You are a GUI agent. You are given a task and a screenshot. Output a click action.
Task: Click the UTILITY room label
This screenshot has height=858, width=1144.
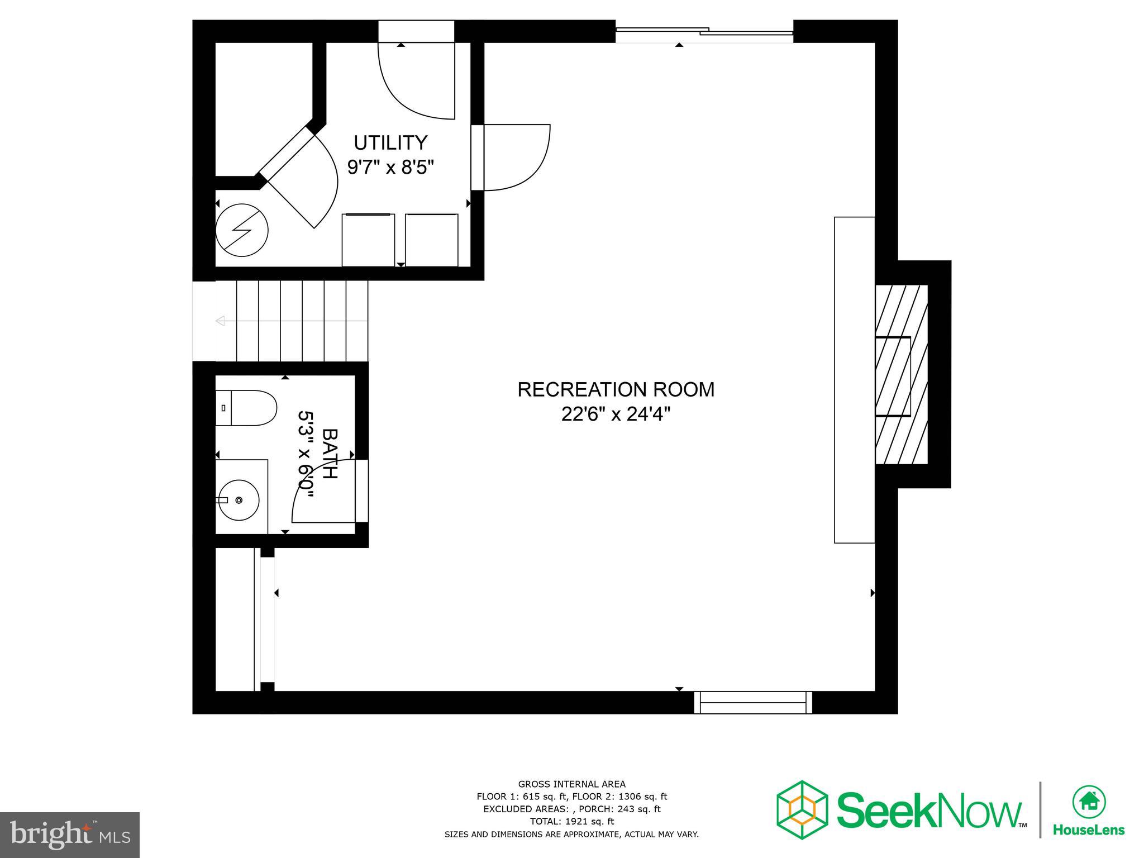tap(390, 143)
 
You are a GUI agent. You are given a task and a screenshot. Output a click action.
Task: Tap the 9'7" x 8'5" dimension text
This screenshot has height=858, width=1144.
tap(390, 167)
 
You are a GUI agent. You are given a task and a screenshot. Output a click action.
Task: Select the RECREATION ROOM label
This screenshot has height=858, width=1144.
tap(616, 389)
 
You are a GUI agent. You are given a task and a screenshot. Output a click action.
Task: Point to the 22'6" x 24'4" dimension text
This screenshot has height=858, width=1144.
tap(616, 414)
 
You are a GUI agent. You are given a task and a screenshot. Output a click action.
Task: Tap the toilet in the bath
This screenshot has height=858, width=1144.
tap(246, 408)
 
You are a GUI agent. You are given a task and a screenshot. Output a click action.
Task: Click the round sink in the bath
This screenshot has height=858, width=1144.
tap(239, 500)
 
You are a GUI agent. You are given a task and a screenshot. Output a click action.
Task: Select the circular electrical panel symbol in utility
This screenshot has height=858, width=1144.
tap(242, 230)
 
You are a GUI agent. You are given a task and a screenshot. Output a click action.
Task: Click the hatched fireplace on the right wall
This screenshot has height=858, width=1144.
tap(901, 374)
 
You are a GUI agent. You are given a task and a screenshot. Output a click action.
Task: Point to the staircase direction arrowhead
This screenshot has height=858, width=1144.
tap(220, 321)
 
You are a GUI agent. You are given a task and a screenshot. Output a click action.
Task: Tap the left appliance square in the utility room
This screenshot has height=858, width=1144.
tap(368, 240)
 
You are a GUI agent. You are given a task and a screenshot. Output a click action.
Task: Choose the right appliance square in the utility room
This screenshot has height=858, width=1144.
tap(432, 240)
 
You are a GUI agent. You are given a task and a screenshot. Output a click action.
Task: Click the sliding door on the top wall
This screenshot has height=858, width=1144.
tap(704, 32)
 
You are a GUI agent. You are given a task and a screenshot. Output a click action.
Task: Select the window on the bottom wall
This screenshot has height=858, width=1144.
tap(753, 702)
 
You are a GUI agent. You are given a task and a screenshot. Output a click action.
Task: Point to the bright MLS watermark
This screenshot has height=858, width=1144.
tap(70, 835)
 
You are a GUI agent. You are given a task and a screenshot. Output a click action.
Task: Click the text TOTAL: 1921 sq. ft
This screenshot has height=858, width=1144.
tap(571, 821)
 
